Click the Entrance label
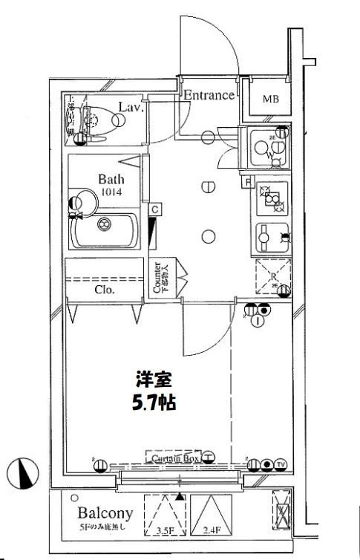pos(209,95)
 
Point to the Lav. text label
pos(131,107)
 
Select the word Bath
pos(111,179)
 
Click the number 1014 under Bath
pos(111,193)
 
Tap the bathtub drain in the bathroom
pos(104,222)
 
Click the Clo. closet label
pos(104,290)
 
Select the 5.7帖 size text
pos(154,404)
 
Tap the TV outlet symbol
pos(280,465)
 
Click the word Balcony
pos(105,513)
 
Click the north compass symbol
pos(24,472)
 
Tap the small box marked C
pos(154,210)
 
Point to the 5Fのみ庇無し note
pos(105,527)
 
